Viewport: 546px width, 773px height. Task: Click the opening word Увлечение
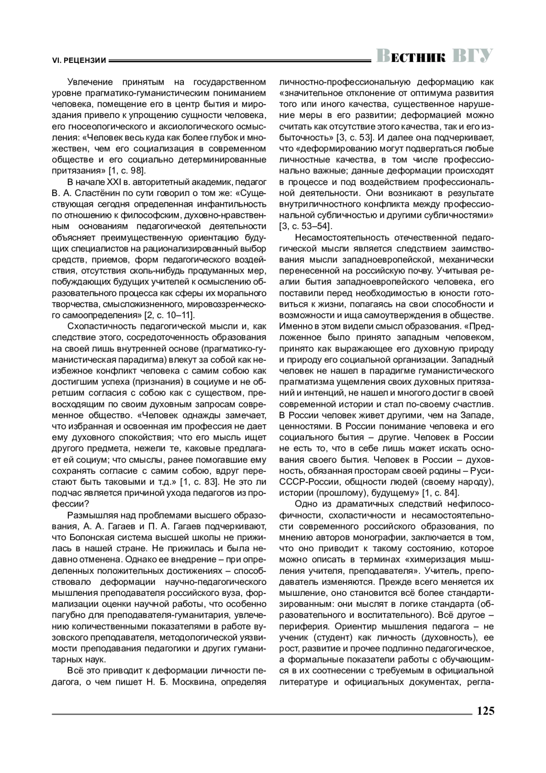90,82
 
